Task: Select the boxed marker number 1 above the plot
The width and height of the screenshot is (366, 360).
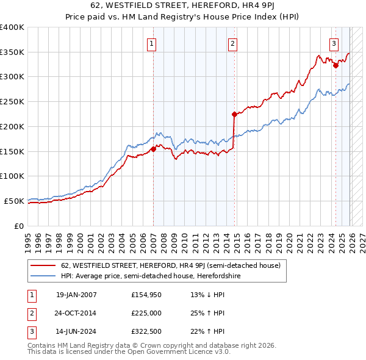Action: [151, 43]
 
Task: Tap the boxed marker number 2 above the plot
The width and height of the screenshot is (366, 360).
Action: [233, 43]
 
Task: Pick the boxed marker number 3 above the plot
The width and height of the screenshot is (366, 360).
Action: [334, 43]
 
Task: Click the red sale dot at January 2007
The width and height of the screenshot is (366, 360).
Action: [153, 149]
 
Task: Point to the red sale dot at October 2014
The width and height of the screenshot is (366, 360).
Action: [234, 114]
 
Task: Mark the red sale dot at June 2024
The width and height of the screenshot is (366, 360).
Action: [335, 65]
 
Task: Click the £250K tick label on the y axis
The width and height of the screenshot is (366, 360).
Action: [12, 101]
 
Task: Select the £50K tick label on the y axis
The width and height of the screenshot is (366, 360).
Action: [15, 201]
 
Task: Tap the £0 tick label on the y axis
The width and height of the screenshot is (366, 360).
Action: [19, 226]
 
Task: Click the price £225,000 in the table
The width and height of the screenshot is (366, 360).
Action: [147, 314]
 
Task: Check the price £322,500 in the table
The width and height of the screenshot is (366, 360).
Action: [147, 333]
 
